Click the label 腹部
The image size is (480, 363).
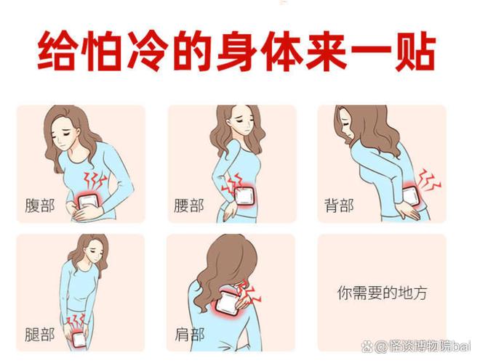click(40, 205)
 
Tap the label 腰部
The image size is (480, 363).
click(189, 205)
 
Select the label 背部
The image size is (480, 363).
click(339, 205)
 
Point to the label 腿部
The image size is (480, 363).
click(40, 334)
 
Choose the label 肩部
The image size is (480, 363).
click(190, 334)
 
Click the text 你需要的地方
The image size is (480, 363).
click(382, 293)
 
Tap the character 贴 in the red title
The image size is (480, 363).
click(415, 50)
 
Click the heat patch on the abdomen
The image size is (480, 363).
click(88, 202)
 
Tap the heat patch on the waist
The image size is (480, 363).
click(244, 196)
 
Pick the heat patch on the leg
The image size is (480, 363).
click(79, 340)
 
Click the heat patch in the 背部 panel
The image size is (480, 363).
click(410, 197)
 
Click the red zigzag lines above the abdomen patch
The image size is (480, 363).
click(95, 181)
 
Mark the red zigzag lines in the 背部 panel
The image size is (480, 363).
click(430, 180)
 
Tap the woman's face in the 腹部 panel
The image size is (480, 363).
click(64, 136)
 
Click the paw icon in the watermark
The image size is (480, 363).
click(367, 346)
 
